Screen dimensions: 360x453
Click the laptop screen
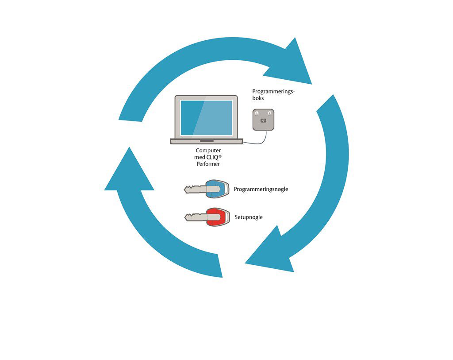pos(206,117)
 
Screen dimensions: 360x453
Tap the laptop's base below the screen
pos(207,141)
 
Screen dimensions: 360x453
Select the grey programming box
pos(263,120)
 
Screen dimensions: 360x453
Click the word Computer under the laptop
pos(208,151)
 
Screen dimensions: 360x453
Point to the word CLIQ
pos(212,157)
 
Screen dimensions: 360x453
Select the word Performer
pos(208,164)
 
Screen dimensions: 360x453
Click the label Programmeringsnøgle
pos(261,189)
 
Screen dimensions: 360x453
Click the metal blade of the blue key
pos(195,190)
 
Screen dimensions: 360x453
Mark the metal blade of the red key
pos(195,217)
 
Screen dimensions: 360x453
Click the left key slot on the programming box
pos(257,114)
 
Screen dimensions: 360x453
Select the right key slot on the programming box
pos(269,114)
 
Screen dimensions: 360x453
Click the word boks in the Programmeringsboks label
pos(258,98)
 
